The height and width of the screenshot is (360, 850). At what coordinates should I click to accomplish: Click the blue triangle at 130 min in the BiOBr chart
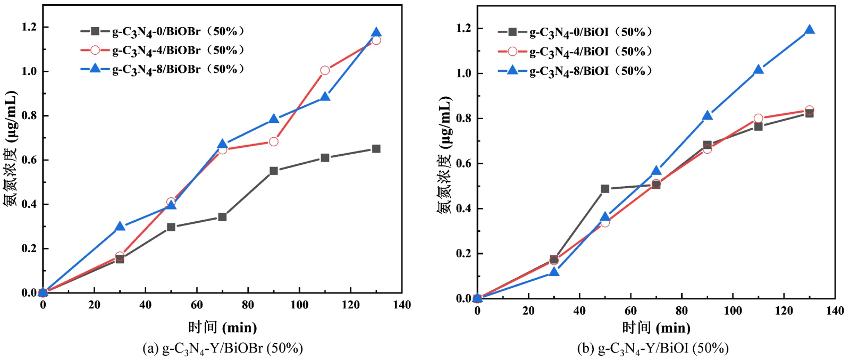[376, 33]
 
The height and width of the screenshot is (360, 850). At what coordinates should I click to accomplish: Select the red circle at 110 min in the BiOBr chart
[325, 70]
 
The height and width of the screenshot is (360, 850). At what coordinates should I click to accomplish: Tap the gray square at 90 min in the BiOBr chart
[274, 171]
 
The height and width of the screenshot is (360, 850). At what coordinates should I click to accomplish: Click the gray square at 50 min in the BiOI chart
[605, 189]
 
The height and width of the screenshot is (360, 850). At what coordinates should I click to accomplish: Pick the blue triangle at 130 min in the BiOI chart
[810, 30]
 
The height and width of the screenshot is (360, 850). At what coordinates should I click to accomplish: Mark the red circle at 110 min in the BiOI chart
[758, 119]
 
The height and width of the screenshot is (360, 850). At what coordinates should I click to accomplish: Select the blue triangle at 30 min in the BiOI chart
[554, 272]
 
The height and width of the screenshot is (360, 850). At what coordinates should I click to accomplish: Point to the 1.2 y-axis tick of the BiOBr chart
[29, 27]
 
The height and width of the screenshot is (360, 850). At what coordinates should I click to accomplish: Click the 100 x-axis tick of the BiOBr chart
[299, 305]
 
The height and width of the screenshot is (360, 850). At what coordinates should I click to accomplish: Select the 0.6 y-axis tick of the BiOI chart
[464, 163]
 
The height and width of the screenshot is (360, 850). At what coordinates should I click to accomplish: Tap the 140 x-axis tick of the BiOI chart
[835, 311]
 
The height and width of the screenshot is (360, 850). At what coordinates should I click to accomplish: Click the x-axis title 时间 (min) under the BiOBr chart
[222, 327]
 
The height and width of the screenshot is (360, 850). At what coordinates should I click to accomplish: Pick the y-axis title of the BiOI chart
[444, 155]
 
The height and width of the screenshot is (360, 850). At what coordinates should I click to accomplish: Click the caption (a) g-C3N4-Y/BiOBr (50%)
[223, 349]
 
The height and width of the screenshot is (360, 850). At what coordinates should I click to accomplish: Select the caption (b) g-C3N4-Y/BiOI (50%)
[653, 349]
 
